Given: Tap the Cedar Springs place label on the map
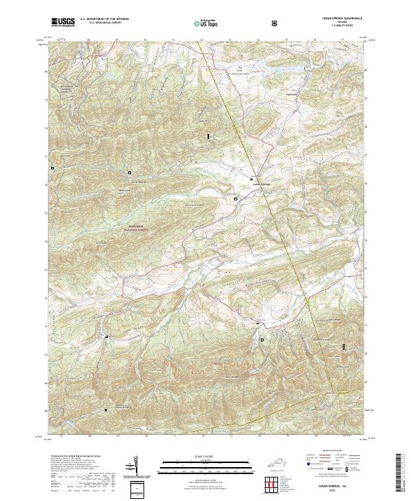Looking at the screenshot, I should click(263, 184).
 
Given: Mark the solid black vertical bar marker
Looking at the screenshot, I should click(208, 138).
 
